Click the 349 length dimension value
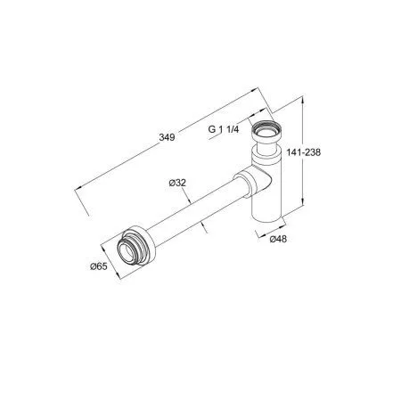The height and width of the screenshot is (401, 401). tap(167, 137)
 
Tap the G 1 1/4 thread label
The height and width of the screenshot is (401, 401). tap(224, 129)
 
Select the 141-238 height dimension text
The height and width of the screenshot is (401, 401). tap(304, 152)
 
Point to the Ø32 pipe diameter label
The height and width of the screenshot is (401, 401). tap(177, 183)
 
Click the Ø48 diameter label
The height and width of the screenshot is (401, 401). tap(278, 239)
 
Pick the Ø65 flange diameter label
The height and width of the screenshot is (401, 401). tap(99, 266)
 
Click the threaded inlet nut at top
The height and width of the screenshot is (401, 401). tap(266, 132)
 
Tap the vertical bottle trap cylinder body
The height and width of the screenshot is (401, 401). tap(266, 185)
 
